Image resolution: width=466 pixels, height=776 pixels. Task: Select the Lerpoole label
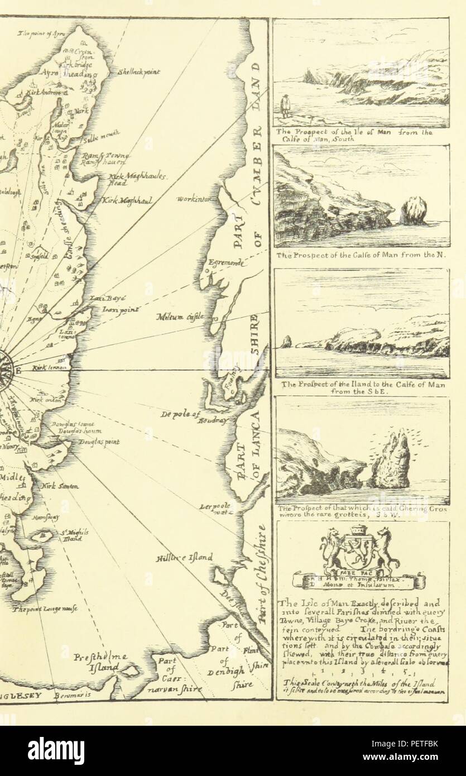215,508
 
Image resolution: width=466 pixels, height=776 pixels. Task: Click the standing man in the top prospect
286,106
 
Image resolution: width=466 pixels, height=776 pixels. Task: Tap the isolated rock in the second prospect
414,211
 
